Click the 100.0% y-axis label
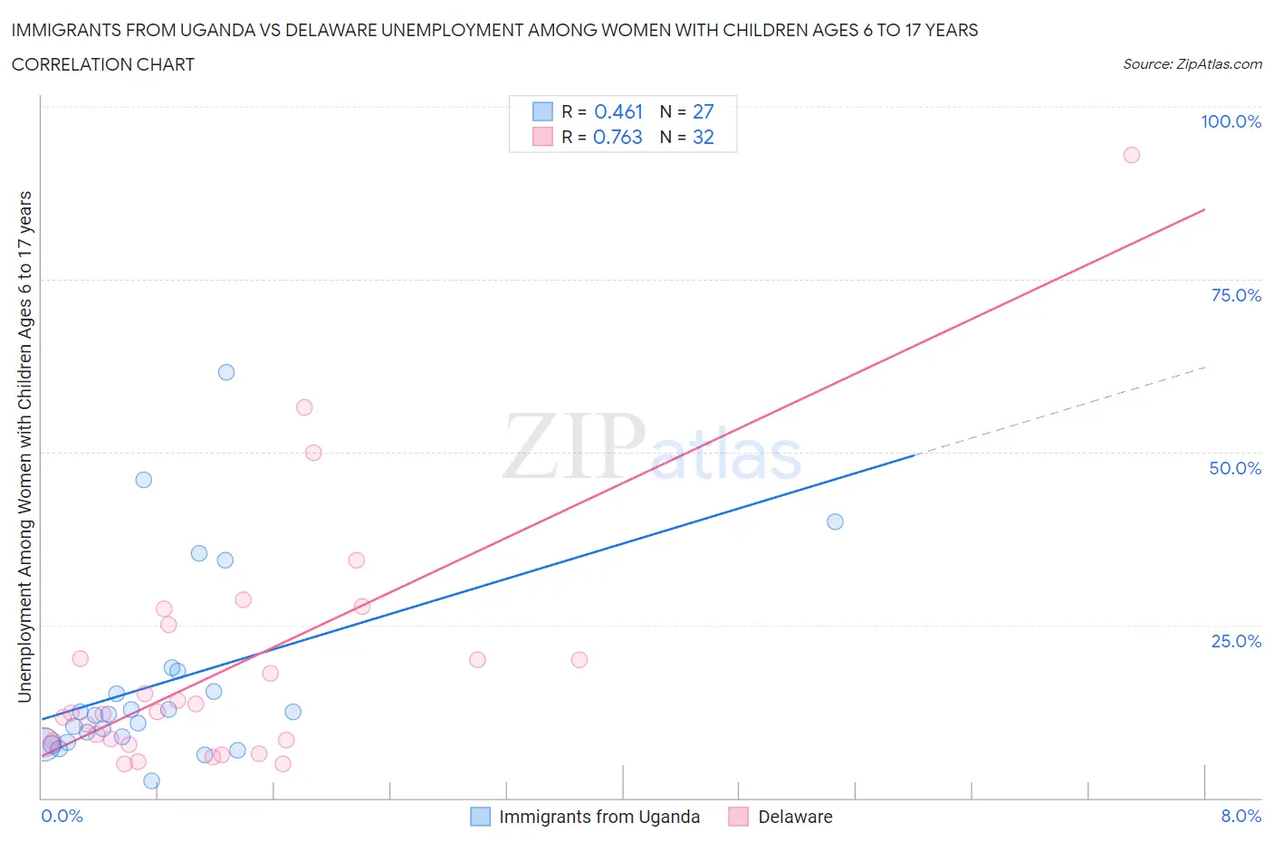click(x=1230, y=121)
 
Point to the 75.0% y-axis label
click(x=1236, y=295)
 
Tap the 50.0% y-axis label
click(x=1235, y=468)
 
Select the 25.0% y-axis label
click(x=1236, y=641)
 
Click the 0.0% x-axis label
click(x=62, y=816)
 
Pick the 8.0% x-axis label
click(x=1240, y=816)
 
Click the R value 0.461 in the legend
click(x=618, y=111)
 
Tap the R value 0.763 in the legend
click(x=617, y=137)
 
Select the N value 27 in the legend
click(x=703, y=111)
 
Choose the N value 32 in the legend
click(x=703, y=137)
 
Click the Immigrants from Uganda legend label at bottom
click(x=599, y=817)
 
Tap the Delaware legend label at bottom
click(x=795, y=817)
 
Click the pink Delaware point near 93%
click(x=1131, y=155)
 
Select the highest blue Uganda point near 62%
click(x=226, y=372)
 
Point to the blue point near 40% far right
click(x=835, y=521)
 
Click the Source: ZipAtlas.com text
click(x=1192, y=64)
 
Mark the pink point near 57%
click(x=304, y=407)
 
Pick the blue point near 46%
click(x=143, y=480)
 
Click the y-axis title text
click(x=24, y=446)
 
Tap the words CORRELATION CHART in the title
click(x=103, y=64)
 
